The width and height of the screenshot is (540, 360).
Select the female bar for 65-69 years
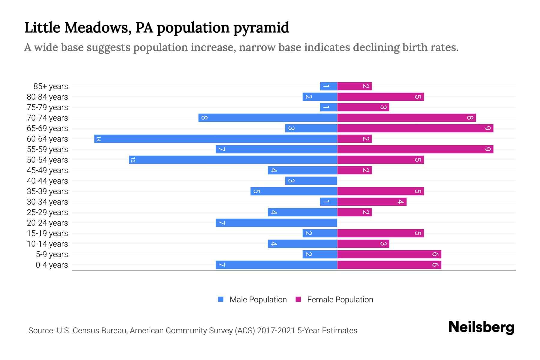[x=415, y=128]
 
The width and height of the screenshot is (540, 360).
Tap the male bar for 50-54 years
[x=233, y=160]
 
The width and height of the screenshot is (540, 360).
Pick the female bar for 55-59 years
[x=415, y=149]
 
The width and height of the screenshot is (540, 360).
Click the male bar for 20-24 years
[x=276, y=223]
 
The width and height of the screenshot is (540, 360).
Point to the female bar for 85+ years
[x=354, y=86]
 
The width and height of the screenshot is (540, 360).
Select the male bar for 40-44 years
[x=311, y=181]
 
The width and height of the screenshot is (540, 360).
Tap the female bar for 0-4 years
[x=389, y=265]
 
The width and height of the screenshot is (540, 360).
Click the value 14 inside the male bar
[x=98, y=139]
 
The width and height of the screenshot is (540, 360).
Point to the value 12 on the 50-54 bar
[x=133, y=160]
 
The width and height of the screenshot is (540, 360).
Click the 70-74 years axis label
[x=47, y=118]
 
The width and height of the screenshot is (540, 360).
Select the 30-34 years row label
[x=47, y=202]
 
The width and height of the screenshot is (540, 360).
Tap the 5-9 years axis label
[x=52, y=254]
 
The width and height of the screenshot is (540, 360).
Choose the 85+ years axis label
[x=51, y=86]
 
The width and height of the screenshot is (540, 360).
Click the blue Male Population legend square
[x=221, y=299]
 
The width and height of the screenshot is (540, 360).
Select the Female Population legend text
[x=340, y=299]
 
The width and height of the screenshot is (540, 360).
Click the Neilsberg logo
[x=481, y=327]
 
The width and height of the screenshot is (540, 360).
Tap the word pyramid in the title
[x=261, y=28]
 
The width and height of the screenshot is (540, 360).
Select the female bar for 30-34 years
[x=372, y=202]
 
